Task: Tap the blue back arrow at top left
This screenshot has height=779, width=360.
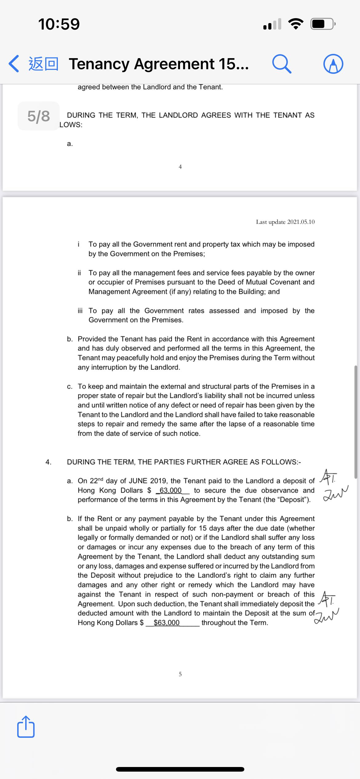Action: coord(14,64)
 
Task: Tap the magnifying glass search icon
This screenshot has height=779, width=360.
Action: coord(281,64)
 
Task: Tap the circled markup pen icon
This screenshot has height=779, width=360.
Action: coord(333,64)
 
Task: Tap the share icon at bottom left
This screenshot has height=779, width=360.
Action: coord(26,727)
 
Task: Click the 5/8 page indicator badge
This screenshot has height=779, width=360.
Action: coord(38,116)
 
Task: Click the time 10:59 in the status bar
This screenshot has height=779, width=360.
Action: coord(59,24)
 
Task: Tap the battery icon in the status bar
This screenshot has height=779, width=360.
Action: coord(322,24)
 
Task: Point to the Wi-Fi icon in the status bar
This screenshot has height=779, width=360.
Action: coord(295,24)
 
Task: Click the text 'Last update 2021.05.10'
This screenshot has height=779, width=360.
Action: coord(285,222)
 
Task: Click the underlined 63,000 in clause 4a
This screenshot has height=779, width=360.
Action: coord(170,490)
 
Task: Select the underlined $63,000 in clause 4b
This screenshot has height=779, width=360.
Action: coord(166,622)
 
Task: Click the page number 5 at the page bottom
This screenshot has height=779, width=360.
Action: coord(180,674)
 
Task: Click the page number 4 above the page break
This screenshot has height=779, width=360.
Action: coord(180,167)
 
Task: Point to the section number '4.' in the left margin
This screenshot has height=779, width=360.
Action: coord(48,462)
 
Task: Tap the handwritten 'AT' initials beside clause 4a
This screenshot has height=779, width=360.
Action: coord(329,476)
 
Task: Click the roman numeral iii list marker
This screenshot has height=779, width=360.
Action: coord(80,310)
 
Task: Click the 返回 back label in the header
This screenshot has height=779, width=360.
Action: coord(43,64)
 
